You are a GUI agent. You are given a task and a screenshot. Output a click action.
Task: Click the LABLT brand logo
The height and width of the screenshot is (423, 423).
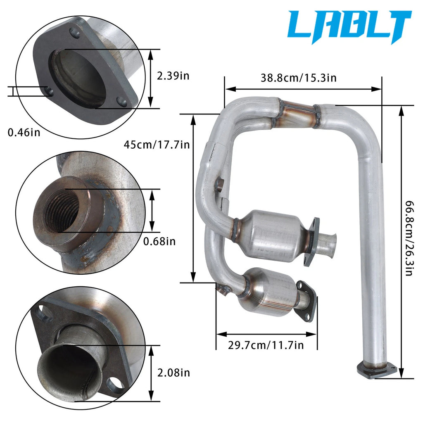coord(349,26)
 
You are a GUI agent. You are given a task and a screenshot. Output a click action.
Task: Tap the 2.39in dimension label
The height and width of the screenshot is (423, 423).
coord(173,76)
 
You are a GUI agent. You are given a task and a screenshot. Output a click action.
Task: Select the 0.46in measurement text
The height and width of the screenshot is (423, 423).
coord(24,133)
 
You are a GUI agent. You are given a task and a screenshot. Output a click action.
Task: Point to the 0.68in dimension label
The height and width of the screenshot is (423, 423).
coord(159,241)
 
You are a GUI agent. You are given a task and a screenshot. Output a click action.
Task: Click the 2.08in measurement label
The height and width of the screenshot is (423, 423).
coord(174,373)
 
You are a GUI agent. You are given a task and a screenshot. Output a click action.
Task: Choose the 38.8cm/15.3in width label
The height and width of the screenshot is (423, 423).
coord(299,78)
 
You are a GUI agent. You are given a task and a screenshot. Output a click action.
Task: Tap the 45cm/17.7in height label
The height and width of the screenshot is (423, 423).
coord(157,145)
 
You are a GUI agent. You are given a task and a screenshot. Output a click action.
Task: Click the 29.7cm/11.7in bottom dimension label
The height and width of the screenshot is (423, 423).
coord(266,345)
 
